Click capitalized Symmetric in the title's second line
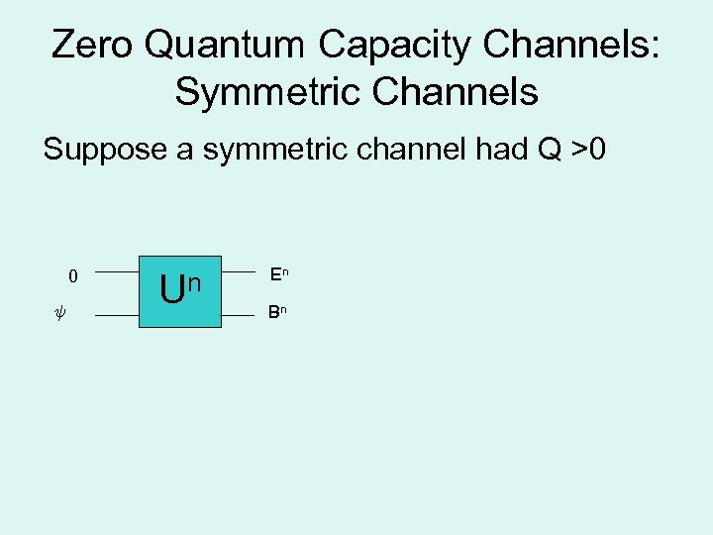click(x=262, y=91)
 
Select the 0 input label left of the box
click(x=72, y=276)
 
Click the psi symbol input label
click(x=58, y=316)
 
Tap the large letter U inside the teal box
click(x=172, y=290)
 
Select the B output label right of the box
click(x=272, y=313)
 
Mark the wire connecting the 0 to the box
click(x=119, y=270)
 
